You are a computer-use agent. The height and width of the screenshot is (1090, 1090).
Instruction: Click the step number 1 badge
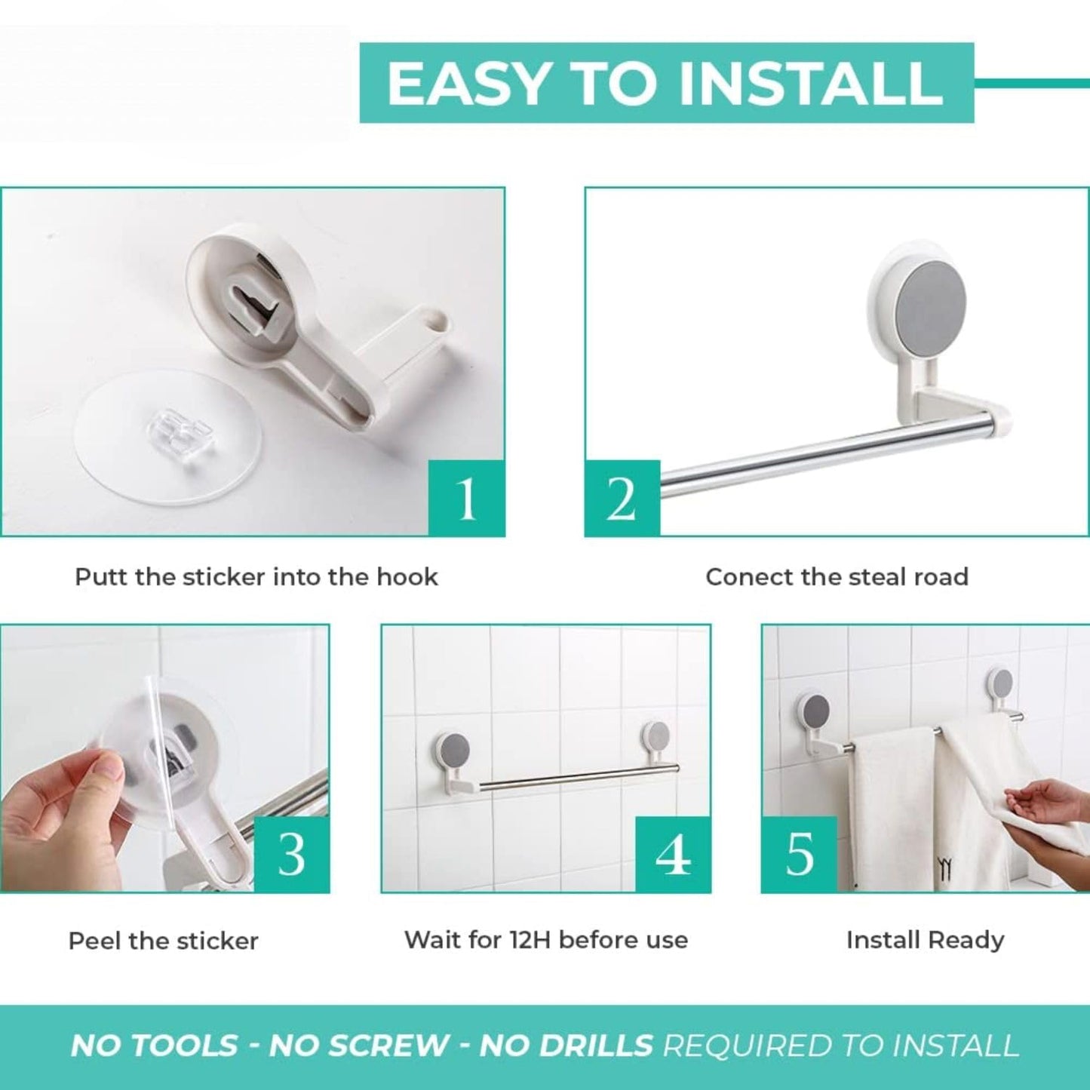[x=467, y=499]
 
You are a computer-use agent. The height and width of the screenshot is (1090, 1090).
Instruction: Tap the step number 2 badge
[x=622, y=499]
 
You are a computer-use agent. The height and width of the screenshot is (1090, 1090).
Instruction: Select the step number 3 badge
[x=291, y=855]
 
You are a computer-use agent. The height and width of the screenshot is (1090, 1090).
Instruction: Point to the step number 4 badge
[x=673, y=855]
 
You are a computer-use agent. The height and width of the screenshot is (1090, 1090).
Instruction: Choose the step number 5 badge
[x=799, y=855]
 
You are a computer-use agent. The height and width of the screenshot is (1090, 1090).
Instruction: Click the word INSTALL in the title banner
[x=811, y=83]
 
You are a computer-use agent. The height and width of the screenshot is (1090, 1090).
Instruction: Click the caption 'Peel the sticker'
[x=163, y=941]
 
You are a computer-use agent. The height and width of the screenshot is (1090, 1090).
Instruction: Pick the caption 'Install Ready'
[x=925, y=940]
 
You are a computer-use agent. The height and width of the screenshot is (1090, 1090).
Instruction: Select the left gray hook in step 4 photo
[x=453, y=749]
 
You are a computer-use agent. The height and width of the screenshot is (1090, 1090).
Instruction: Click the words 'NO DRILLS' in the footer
[x=566, y=1046]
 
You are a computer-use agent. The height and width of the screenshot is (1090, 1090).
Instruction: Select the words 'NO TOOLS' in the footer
[x=154, y=1046]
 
